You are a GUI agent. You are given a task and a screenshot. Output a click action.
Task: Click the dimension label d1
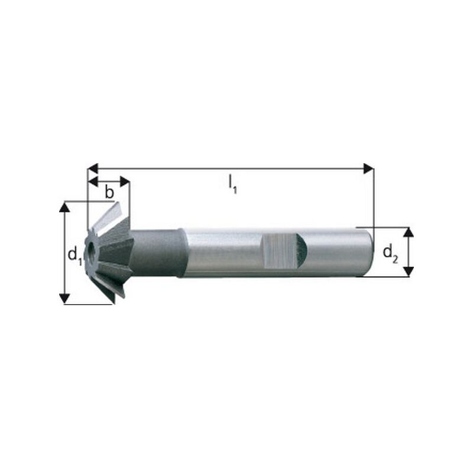(x=73, y=255)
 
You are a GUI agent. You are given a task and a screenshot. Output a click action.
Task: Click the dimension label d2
(x=390, y=253)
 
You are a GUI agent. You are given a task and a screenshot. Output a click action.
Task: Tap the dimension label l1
(x=233, y=185)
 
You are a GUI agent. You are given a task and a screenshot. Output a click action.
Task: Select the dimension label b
(x=109, y=192)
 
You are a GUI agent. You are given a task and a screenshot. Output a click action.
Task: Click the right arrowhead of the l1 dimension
(x=368, y=169)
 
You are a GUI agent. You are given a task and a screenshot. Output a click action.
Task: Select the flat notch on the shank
(x=281, y=250)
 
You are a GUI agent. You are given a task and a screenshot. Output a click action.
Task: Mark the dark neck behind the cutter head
(x=157, y=253)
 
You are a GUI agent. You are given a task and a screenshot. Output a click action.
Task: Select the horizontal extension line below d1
(x=89, y=304)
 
